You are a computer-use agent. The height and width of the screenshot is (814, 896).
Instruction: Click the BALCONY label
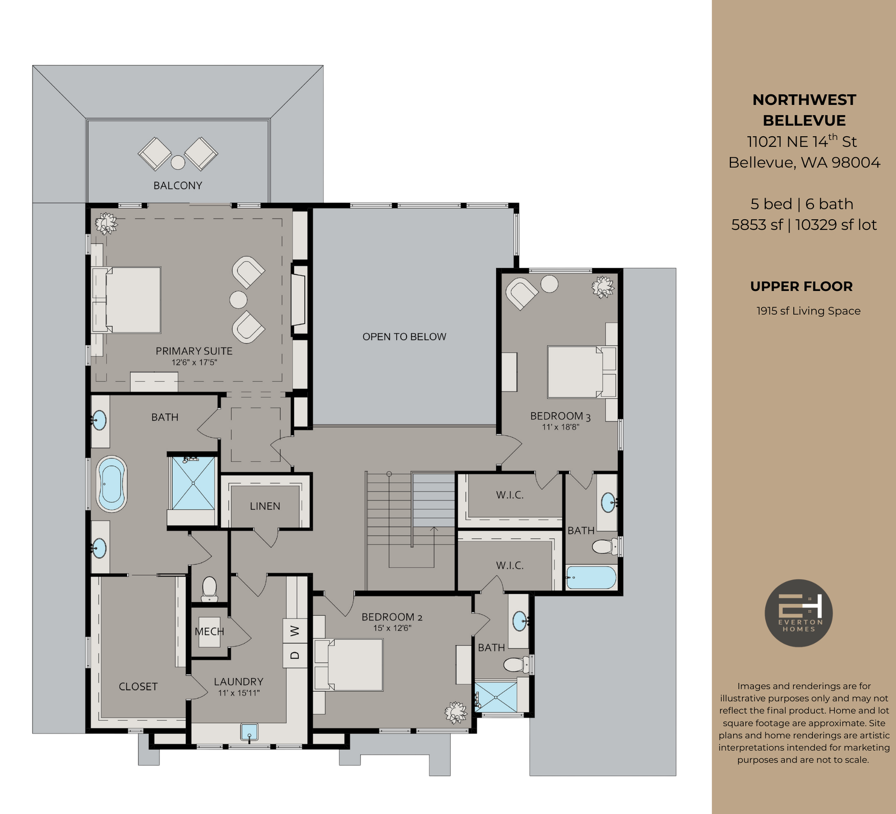(178, 186)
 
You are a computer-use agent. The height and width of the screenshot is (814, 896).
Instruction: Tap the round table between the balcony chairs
(178, 162)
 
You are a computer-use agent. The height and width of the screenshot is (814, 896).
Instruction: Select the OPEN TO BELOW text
(404, 337)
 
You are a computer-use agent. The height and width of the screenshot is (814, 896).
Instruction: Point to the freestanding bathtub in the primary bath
(112, 484)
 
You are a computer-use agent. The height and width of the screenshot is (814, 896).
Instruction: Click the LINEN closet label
(265, 506)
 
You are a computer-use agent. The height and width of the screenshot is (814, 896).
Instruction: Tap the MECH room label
(209, 632)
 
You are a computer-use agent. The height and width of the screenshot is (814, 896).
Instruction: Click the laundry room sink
(249, 732)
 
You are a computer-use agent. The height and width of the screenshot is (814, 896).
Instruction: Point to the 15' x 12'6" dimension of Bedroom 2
(392, 628)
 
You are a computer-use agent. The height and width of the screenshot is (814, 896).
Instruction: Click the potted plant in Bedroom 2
(455, 713)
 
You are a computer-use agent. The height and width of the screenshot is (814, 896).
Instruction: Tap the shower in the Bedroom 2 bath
(496, 697)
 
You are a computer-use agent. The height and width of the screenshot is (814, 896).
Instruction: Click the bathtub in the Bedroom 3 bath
(591, 577)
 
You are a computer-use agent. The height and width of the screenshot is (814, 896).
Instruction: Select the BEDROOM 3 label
(560, 416)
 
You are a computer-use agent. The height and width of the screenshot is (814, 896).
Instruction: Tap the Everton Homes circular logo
(798, 613)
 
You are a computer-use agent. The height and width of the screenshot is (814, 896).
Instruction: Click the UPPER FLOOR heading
(801, 286)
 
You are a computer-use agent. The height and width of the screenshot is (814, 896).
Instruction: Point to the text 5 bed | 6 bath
(802, 204)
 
